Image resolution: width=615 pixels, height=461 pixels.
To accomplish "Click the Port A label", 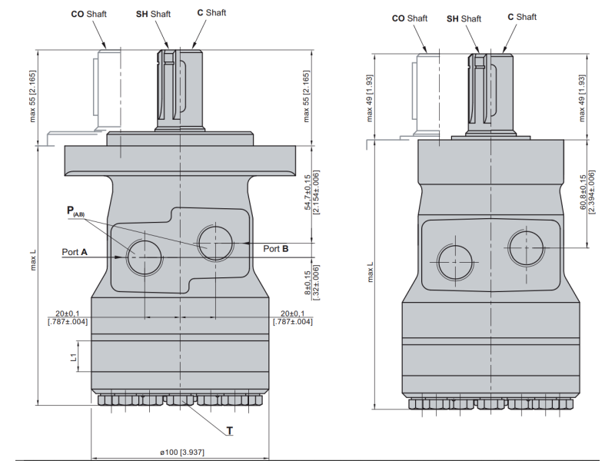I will (x=75, y=251).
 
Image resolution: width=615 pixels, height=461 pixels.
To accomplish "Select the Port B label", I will (x=275, y=249).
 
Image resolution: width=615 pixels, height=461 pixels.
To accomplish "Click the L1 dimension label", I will (x=74, y=357).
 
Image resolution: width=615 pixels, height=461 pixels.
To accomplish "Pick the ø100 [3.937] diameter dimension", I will (x=182, y=452).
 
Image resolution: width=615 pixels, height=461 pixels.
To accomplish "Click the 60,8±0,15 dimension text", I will (x=586, y=193).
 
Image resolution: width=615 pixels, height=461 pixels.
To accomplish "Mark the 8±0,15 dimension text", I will (x=311, y=281).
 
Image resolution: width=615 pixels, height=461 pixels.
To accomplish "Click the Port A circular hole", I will (x=145, y=256).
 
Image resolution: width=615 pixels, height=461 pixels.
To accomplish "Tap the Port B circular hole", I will (x=215, y=243).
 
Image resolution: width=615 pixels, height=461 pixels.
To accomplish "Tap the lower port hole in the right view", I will (x=454, y=262).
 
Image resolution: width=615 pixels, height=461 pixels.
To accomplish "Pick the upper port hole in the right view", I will (x=527, y=245).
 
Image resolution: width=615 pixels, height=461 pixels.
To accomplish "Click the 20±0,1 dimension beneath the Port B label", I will (x=293, y=317).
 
